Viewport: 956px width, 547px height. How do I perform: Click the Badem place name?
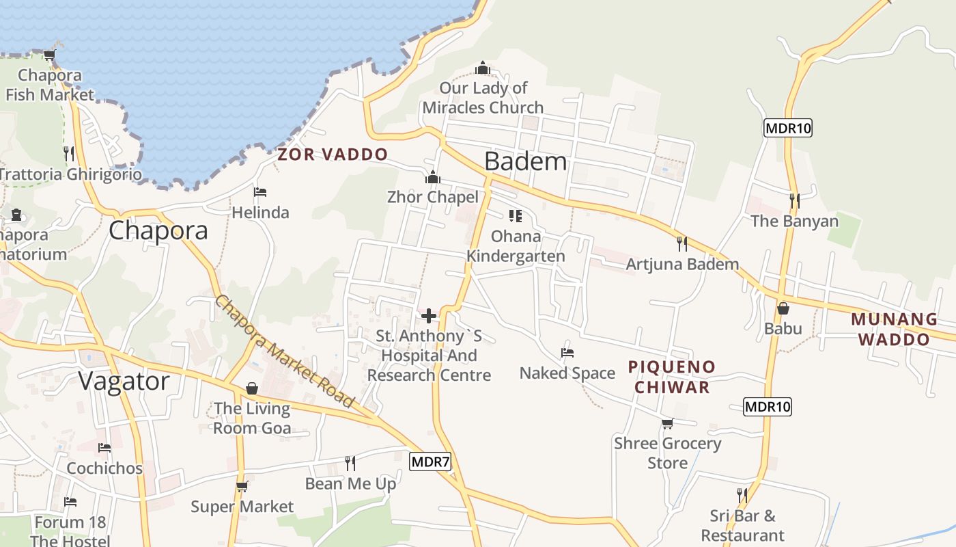pyautogui.click(x=525, y=161)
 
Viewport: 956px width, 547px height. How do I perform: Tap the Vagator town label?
pyautogui.click(x=124, y=381)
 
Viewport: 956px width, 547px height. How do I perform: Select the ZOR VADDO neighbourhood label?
pyautogui.click(x=333, y=155)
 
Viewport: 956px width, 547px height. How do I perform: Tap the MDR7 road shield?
pyautogui.click(x=431, y=462)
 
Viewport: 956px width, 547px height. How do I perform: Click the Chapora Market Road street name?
pyautogui.click(x=285, y=351)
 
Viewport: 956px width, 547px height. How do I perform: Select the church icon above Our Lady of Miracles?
pyautogui.click(x=483, y=68)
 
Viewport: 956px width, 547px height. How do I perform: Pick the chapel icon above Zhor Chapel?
pyautogui.click(x=432, y=178)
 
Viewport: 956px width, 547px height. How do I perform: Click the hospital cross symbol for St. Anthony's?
pyautogui.click(x=429, y=316)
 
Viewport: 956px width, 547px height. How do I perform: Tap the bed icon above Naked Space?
pyautogui.click(x=567, y=353)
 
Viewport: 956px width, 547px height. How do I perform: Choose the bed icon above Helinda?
pyautogui.click(x=259, y=192)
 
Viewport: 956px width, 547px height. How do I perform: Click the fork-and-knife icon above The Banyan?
pyautogui.click(x=794, y=201)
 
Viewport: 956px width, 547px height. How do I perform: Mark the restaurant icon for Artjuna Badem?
pyautogui.click(x=681, y=244)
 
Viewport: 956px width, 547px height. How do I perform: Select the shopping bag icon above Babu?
pyautogui.click(x=783, y=309)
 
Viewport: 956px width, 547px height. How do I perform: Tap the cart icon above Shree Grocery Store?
pyautogui.click(x=667, y=423)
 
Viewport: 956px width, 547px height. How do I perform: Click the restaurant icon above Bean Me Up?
pyautogui.click(x=350, y=464)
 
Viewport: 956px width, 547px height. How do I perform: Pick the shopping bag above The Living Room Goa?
pyautogui.click(x=251, y=388)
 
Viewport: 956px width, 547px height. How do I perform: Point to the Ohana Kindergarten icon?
pyautogui.click(x=515, y=216)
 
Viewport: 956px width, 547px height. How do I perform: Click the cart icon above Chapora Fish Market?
pyautogui.click(x=49, y=55)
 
